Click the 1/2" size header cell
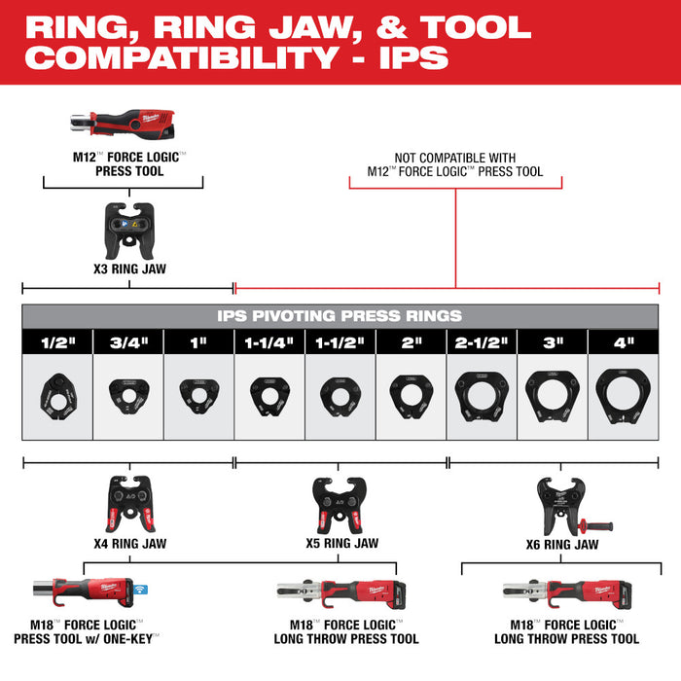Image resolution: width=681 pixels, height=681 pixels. coord(57,341)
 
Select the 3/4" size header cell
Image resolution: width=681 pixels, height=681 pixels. coord(127,341)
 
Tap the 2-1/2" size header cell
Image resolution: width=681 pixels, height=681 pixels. coord(482,341)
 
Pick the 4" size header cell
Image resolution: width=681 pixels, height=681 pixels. coord(624,341)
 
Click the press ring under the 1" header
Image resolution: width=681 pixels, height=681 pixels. coord(198,393)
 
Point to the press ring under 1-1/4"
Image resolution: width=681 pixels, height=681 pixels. coord(269,393)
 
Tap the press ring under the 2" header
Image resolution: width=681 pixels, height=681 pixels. coord(411,393)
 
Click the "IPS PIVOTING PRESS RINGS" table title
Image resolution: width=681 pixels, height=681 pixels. coord(340,316)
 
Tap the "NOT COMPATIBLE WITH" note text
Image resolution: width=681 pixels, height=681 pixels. coord(455,158)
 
